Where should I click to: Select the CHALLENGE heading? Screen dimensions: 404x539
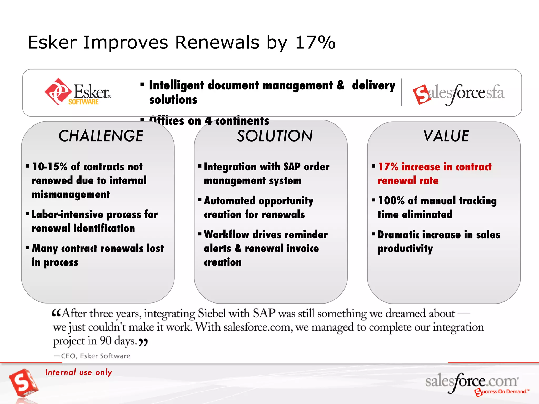pyautogui.click(x=101, y=136)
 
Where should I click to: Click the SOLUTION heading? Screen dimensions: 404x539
pyautogui.click(x=275, y=136)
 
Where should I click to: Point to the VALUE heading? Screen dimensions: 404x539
pyautogui.click(x=446, y=136)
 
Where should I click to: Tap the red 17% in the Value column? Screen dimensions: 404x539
pyautogui.click(x=388, y=167)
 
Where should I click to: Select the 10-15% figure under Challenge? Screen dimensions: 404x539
pyautogui.click(x=50, y=167)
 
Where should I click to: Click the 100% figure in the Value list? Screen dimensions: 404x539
pyautogui.click(x=391, y=201)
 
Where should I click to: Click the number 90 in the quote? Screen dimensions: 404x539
pyautogui.click(x=106, y=341)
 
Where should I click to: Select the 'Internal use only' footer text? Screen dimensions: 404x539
pyautogui.click(x=79, y=372)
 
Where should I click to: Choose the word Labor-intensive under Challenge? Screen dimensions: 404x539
pyautogui.click(x=67, y=215)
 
